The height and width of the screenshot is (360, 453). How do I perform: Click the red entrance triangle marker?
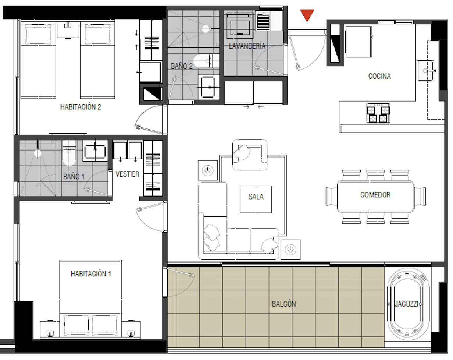pyautogui.click(x=307, y=15)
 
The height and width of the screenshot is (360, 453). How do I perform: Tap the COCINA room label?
pyautogui.click(x=379, y=76)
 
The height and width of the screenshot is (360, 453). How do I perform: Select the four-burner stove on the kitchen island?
pyautogui.click(x=378, y=113)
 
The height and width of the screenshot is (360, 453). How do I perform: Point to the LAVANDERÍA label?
pyautogui.click(x=247, y=46)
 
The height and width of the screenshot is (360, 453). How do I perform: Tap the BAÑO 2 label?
pyautogui.click(x=182, y=66)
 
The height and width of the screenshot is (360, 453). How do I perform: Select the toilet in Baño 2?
pyautogui.click(x=206, y=61)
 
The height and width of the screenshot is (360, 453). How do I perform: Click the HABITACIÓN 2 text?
pyautogui.click(x=81, y=107)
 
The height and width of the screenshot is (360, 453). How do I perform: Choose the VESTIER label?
pyautogui.click(x=127, y=174)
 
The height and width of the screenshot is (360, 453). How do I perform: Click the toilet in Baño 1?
pyautogui.click(x=69, y=153)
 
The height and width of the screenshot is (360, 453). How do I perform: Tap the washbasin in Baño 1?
pyautogui.click(x=95, y=151)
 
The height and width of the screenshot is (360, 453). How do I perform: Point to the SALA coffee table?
pyautogui.click(x=256, y=199)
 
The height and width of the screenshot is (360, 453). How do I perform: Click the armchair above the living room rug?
pyautogui.click(x=250, y=155)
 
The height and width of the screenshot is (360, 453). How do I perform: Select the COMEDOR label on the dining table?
pyautogui.click(x=375, y=195)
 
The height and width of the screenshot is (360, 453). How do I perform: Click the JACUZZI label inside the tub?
pyautogui.click(x=406, y=304)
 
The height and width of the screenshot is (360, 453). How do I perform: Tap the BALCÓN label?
pyautogui.click(x=284, y=304)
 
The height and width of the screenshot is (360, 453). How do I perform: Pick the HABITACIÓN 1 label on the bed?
pyautogui.click(x=91, y=274)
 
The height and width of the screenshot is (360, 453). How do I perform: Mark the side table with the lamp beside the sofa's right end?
pyautogui.click(x=290, y=250)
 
